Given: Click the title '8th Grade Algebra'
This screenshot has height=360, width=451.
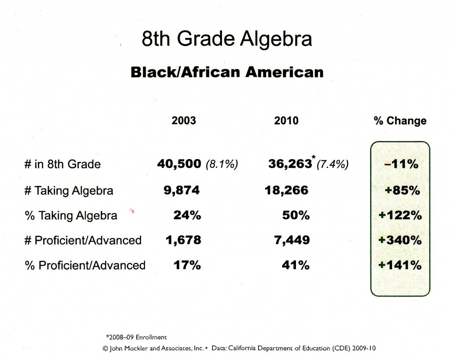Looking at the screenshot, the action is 227,39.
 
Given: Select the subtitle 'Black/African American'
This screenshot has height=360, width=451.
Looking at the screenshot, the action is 227,72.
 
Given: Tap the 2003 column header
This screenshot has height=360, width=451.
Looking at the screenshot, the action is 184,120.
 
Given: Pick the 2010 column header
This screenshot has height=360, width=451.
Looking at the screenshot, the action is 286,120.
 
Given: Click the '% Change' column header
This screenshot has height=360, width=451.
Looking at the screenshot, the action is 400,121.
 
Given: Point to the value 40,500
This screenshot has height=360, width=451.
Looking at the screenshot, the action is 179,164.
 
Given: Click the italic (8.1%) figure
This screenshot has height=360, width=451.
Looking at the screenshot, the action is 222,164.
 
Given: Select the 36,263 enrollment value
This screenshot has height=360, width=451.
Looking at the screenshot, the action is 290,164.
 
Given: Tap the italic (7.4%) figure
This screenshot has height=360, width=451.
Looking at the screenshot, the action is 333,164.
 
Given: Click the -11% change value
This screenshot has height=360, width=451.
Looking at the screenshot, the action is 401,164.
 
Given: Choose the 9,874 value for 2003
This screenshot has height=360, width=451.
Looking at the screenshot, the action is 181,190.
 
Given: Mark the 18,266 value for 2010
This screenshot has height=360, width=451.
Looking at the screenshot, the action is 286,190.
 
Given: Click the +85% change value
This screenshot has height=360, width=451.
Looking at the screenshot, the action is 402,190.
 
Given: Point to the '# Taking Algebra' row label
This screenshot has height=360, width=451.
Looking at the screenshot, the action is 69,191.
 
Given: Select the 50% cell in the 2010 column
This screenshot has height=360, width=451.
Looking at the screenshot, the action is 296,215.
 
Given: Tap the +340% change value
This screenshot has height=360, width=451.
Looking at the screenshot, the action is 400,240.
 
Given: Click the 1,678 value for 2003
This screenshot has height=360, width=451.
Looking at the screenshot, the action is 183,240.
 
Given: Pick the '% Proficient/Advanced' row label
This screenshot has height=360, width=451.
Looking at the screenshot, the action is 85,265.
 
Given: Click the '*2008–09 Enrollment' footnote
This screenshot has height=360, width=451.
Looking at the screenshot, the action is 137,337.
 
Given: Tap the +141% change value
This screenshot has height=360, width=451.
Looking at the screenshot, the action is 400,265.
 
